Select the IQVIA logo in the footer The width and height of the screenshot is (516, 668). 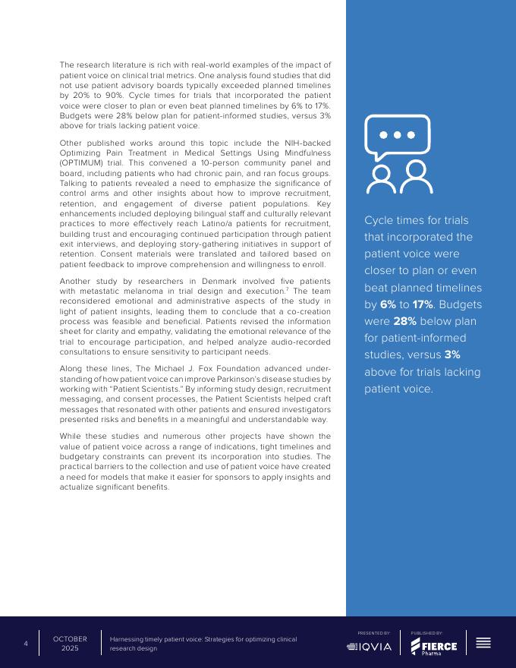point(370,647)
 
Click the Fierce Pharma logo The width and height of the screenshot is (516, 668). point(434,647)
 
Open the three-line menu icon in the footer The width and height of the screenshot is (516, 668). point(483,643)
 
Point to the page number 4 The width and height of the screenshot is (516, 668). point(26,644)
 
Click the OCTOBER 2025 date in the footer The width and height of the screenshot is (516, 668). point(70,644)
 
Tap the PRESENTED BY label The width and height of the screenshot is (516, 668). point(374,632)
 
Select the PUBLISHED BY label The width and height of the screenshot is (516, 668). point(427,632)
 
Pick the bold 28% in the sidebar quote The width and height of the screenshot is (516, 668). point(405,321)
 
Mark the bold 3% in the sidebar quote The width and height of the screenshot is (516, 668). point(452,354)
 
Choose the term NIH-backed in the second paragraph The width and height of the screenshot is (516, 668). point(308,143)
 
